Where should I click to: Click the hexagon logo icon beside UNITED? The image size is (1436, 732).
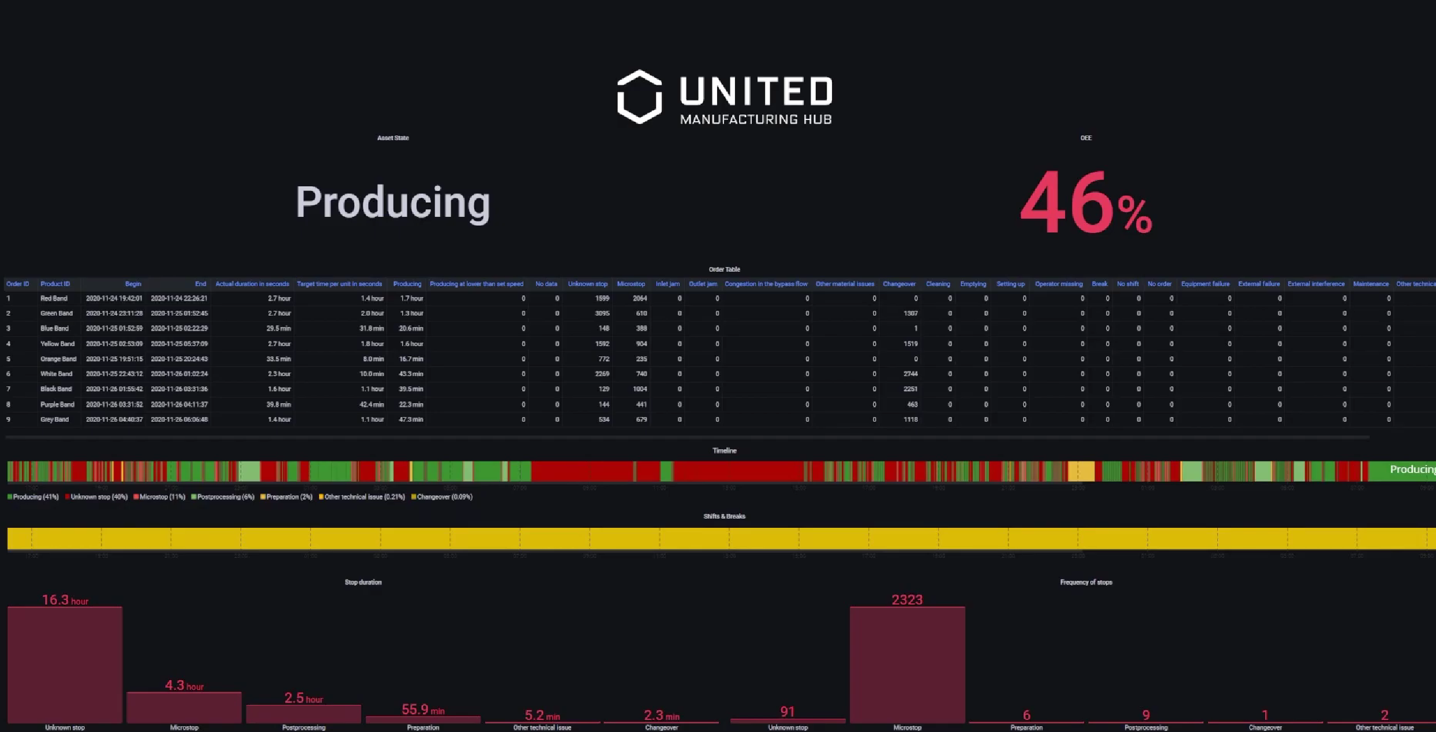(639, 97)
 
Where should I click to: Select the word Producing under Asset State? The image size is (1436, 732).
(393, 202)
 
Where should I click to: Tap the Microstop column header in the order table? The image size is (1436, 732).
(631, 284)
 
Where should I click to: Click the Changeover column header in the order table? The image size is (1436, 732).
(899, 284)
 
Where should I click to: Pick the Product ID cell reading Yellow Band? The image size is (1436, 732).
(57, 344)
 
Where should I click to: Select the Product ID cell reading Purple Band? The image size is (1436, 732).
(57, 404)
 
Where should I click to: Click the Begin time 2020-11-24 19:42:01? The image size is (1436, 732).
(114, 298)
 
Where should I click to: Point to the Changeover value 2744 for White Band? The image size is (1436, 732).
(910, 374)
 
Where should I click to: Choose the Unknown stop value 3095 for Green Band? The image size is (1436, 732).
(602, 313)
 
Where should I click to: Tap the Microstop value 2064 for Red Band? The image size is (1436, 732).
(640, 298)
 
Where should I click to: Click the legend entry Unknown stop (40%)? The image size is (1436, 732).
(96, 497)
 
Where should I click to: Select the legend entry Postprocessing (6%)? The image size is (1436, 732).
(223, 497)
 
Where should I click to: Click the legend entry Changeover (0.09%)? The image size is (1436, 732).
(442, 497)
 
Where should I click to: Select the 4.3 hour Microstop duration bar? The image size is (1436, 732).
(184, 707)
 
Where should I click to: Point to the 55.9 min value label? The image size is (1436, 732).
(423, 710)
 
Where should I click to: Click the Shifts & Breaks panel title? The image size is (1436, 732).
(724, 516)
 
